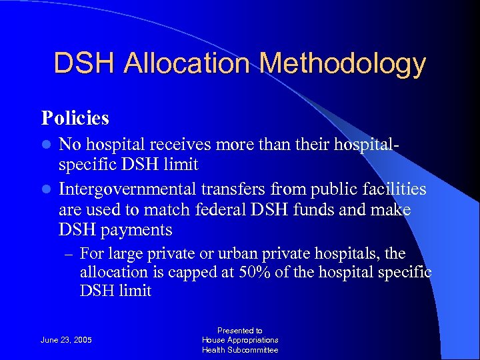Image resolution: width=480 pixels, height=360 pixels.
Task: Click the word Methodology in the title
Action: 343,64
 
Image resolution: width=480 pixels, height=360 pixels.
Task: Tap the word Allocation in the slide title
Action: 189,63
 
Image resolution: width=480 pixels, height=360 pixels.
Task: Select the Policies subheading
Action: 75,118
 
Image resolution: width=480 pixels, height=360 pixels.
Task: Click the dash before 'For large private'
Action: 67,255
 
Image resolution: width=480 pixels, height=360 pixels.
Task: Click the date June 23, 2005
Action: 66,340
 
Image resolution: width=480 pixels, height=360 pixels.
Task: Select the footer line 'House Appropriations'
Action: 240,340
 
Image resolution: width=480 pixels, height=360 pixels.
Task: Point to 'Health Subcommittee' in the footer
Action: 240,350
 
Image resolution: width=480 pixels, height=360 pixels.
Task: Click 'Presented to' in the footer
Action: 240,331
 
